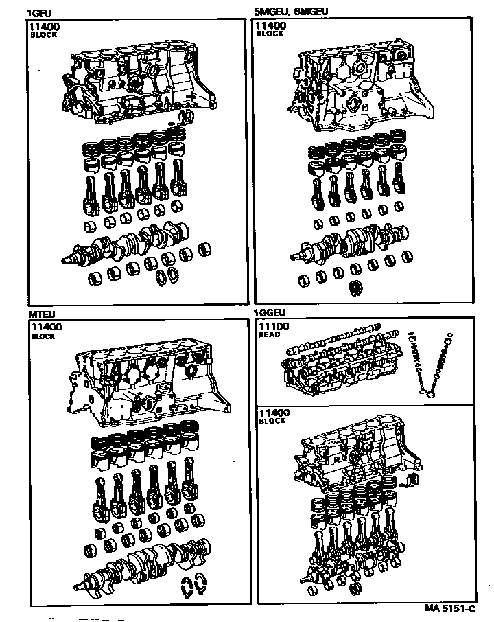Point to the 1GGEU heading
pos(270,312)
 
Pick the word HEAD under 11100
pos(268,335)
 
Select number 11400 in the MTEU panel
pos(45,327)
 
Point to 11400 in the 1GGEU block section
pos(274,412)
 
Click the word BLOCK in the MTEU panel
pos(43,336)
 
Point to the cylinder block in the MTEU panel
pos(148,388)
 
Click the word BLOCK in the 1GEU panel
pos(43,35)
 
